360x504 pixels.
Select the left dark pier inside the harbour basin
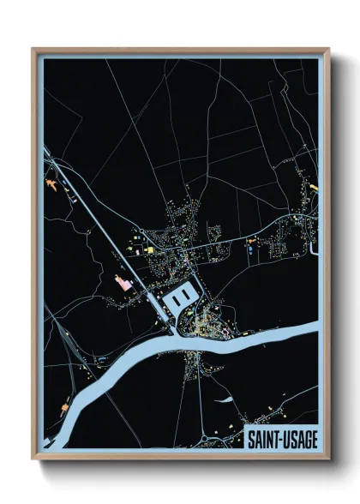pyautogui.click(x=176, y=297)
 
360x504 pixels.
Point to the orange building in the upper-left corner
pyautogui.click(x=52, y=183)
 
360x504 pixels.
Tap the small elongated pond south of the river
pyautogui.click(x=224, y=399)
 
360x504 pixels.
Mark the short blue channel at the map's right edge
pyautogui.click(x=315, y=244)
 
